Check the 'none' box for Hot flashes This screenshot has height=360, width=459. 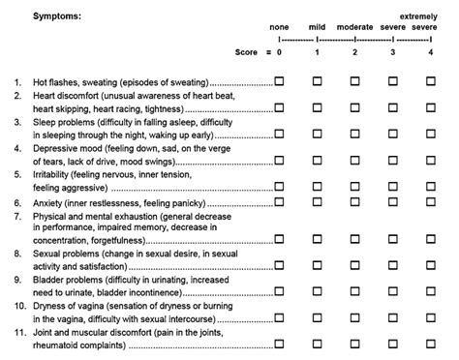point(280,84)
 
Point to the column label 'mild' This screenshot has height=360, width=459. point(317,27)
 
